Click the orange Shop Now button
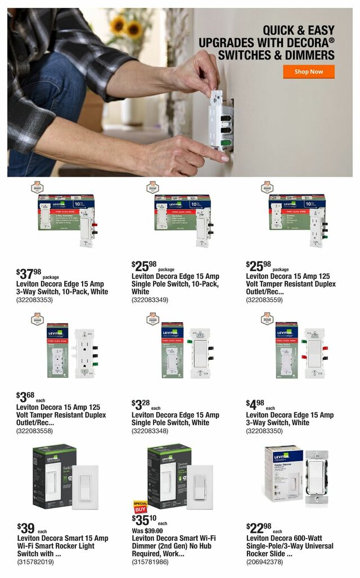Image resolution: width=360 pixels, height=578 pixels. pyautogui.click(x=308, y=72)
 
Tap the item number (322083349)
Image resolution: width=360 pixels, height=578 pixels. pyautogui.click(x=150, y=300)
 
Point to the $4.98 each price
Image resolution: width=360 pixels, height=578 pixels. pyautogui.click(x=257, y=405)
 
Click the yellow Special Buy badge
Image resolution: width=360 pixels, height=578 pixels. pyautogui.click(x=139, y=506)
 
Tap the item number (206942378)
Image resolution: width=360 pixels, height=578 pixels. pyautogui.click(x=264, y=562)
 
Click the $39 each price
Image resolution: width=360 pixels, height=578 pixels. pyautogui.click(x=28, y=529)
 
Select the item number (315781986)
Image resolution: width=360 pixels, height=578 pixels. pyautogui.click(x=150, y=562)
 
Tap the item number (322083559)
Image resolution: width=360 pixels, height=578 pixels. pyautogui.click(x=264, y=300)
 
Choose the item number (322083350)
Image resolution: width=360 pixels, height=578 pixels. pyautogui.click(x=264, y=431)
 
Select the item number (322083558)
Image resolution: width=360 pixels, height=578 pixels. pyautogui.click(x=35, y=431)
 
